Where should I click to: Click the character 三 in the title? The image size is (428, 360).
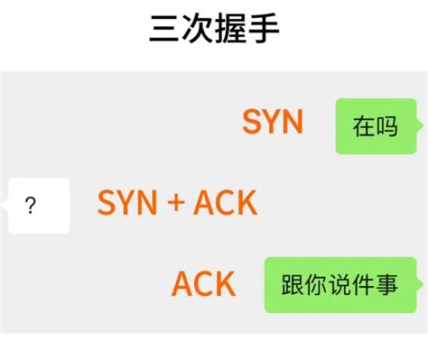coord(165,29)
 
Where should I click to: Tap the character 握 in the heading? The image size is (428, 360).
coord(230,29)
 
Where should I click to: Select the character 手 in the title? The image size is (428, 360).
coord(264,29)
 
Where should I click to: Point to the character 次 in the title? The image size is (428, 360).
coord(198,29)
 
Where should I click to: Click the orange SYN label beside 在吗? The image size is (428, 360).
coord(273,122)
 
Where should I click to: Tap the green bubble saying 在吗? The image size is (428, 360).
coord(377,126)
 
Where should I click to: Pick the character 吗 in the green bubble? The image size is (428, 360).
coord(386,126)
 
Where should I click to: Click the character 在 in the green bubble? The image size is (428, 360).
coord(364,126)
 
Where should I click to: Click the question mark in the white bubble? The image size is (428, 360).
coord(31,206)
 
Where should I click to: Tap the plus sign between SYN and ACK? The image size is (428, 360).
coord(176,202)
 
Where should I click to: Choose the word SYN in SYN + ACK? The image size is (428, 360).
coord(127,202)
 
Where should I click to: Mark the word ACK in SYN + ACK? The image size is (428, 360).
coord(225,202)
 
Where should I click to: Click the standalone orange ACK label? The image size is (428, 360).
coord(203,283)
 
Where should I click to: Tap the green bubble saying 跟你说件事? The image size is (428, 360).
coord(342,285)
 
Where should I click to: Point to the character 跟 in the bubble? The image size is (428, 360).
coord(293,284)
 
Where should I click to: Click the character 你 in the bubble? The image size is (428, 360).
coord(316,284)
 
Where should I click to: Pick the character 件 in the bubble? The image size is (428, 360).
coord(363,284)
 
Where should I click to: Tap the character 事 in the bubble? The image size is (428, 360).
coord(386,284)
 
